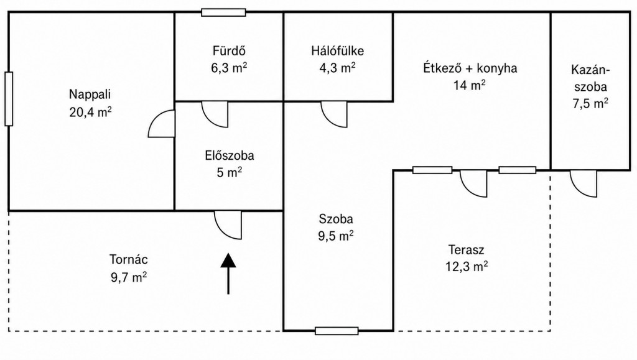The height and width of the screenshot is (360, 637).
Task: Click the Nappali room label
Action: pos(90,95)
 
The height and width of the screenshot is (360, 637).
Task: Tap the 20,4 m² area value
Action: pos(90,112)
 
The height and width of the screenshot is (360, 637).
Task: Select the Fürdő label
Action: pos(229,51)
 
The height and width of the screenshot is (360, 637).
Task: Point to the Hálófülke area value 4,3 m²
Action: pos(337,68)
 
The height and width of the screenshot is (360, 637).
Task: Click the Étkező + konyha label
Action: pos(470,68)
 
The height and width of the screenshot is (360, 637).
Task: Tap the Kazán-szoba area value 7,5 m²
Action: pos(590,103)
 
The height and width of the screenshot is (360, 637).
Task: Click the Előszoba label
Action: pos(230,155)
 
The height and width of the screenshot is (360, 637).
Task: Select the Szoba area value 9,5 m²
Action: pos(335,236)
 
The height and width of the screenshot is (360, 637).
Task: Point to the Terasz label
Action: pos(466,249)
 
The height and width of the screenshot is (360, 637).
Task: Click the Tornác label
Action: pos(128,259)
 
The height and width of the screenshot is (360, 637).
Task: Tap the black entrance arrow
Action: pos(228,274)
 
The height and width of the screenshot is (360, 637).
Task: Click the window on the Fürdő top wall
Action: pos(223,12)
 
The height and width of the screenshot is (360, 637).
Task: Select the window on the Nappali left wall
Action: pos(9,99)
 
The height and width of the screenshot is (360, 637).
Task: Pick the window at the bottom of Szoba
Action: pos(337,331)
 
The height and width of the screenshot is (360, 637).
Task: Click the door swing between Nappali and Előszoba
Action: pos(162,124)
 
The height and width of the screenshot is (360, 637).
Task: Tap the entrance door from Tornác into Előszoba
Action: pos(228,225)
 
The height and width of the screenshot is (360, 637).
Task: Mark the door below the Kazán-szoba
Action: pos(584,183)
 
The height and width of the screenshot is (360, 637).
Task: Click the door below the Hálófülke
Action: pos(334,114)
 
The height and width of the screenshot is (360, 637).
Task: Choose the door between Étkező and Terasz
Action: pos(473,183)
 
